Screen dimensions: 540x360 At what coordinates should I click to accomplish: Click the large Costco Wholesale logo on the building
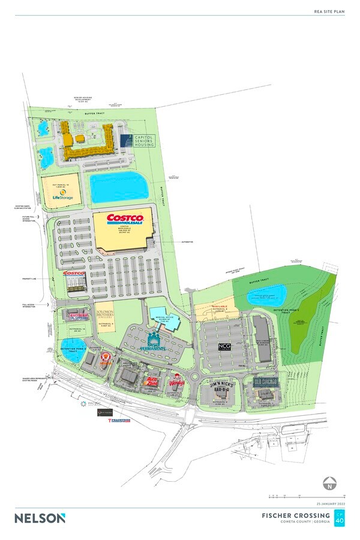click(x=125, y=220)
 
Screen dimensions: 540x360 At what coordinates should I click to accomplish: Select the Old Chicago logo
click(x=264, y=382)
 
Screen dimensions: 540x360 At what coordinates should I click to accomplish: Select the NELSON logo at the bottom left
click(x=40, y=518)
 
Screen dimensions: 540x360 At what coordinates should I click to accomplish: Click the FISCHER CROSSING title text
click(x=296, y=515)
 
